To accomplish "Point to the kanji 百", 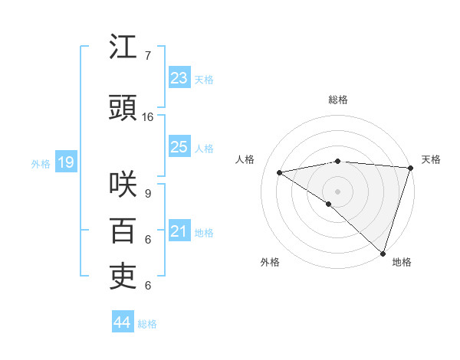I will point(123,231).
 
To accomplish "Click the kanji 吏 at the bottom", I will point(123,277).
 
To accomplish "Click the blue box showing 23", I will point(179,78).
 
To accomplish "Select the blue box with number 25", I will point(179,147).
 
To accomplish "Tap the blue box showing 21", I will point(179,231).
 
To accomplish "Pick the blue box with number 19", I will point(65,162).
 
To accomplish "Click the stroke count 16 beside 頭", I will point(148,117).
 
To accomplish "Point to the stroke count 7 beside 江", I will point(148,56).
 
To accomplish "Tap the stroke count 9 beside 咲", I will point(148,194).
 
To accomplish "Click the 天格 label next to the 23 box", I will point(204,79).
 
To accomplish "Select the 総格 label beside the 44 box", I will point(147,324).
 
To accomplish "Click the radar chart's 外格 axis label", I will point(270,262).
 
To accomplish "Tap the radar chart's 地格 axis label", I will point(402,262).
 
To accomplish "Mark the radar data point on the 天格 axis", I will point(410,167).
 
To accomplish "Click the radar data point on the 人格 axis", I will point(280,172).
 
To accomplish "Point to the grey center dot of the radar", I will point(337,191).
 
